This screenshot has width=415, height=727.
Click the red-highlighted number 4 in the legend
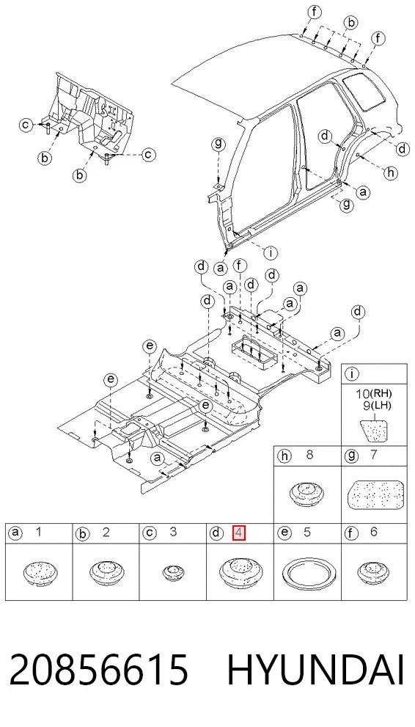(x=238, y=533)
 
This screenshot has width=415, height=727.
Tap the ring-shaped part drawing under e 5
(x=307, y=574)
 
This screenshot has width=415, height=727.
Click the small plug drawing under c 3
(x=173, y=573)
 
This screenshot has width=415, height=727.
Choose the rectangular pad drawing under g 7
(x=375, y=494)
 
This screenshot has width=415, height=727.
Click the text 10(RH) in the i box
(x=374, y=395)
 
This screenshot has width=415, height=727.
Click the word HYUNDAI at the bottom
(x=315, y=671)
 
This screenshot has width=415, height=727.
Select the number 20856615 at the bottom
(x=99, y=671)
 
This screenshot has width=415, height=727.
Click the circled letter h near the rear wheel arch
(x=392, y=172)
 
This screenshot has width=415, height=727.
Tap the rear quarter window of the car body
(x=365, y=91)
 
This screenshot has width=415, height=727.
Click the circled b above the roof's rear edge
(x=351, y=22)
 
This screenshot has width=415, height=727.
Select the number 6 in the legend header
(x=374, y=533)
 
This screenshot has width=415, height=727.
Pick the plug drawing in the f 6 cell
(x=374, y=573)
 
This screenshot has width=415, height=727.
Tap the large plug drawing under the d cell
(x=240, y=573)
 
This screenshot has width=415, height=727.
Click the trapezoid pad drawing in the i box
(x=374, y=430)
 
